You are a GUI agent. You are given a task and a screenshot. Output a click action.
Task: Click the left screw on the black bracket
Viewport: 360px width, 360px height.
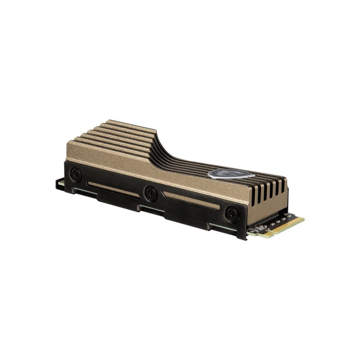(76, 175)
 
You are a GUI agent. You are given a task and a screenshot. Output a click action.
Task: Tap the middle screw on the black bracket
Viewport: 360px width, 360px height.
(151, 193)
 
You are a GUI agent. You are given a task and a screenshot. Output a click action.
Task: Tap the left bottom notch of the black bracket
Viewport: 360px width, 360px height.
(84, 192)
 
